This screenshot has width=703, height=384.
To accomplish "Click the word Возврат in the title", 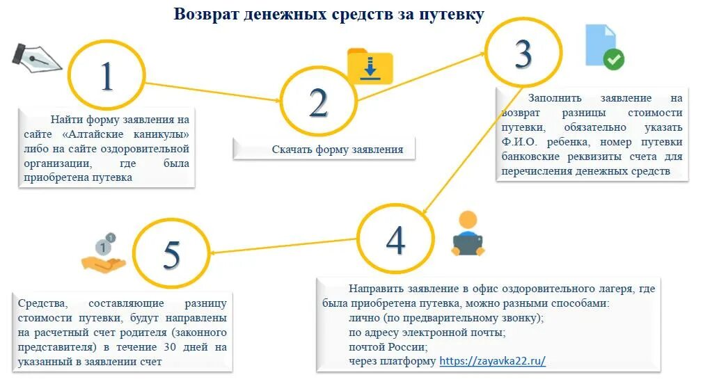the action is [x=205, y=14].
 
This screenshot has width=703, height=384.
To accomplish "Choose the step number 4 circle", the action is [x=395, y=239].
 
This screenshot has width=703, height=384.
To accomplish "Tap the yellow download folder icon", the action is [x=370, y=66].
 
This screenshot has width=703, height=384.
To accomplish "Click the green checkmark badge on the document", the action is [x=613, y=59].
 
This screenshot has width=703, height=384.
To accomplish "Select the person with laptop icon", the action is [x=468, y=234].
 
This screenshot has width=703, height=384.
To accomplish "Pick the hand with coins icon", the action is [x=103, y=255].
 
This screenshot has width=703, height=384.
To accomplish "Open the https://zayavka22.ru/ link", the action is [x=492, y=361].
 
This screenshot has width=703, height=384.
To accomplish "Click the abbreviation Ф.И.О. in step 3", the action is [x=521, y=142].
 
